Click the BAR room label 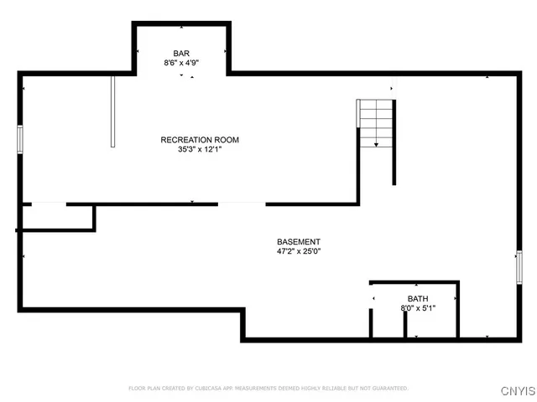coord(181,53)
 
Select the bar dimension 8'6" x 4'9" coord(181,63)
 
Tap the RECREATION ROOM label coord(200,140)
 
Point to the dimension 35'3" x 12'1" coord(200,150)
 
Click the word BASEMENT coord(299,241)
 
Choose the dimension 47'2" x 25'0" coord(299,251)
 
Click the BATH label coord(417,298)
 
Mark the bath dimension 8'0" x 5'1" coord(417,308)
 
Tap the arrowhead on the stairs coord(376,145)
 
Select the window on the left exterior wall coord(20,139)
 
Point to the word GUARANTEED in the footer coord(388,389)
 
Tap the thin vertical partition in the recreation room coord(112,111)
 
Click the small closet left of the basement coord(55,217)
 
